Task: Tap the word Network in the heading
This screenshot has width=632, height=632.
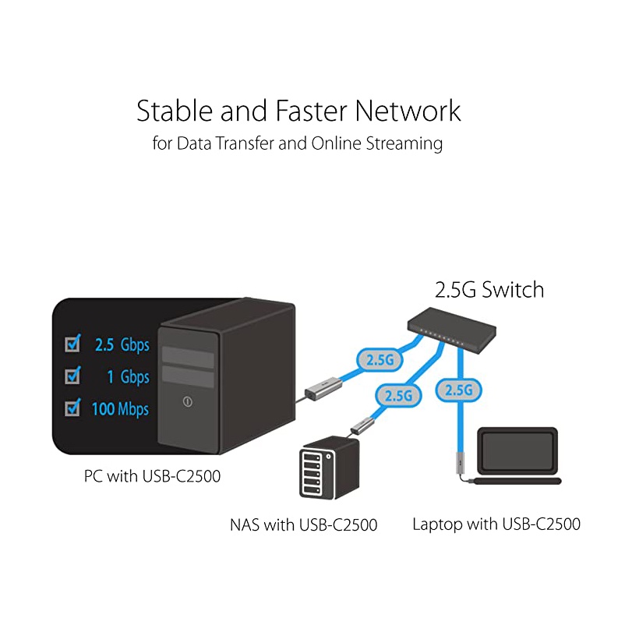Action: click(408, 111)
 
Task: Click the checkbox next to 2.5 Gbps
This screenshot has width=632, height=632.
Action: click(74, 343)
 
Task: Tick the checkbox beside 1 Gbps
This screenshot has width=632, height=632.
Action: click(74, 376)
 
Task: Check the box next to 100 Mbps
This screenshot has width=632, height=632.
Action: click(74, 407)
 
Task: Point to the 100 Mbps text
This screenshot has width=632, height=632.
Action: click(120, 408)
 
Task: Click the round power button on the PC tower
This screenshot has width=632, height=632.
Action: click(187, 402)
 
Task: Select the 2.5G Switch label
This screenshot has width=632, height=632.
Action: click(489, 290)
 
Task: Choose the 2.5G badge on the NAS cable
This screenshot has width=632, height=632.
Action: click(397, 394)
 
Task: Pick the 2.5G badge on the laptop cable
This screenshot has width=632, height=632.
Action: click(457, 389)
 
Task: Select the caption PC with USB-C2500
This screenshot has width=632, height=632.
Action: click(152, 475)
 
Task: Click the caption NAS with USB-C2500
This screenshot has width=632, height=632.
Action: click(303, 524)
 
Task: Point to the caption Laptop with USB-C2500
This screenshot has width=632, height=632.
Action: click(496, 524)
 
